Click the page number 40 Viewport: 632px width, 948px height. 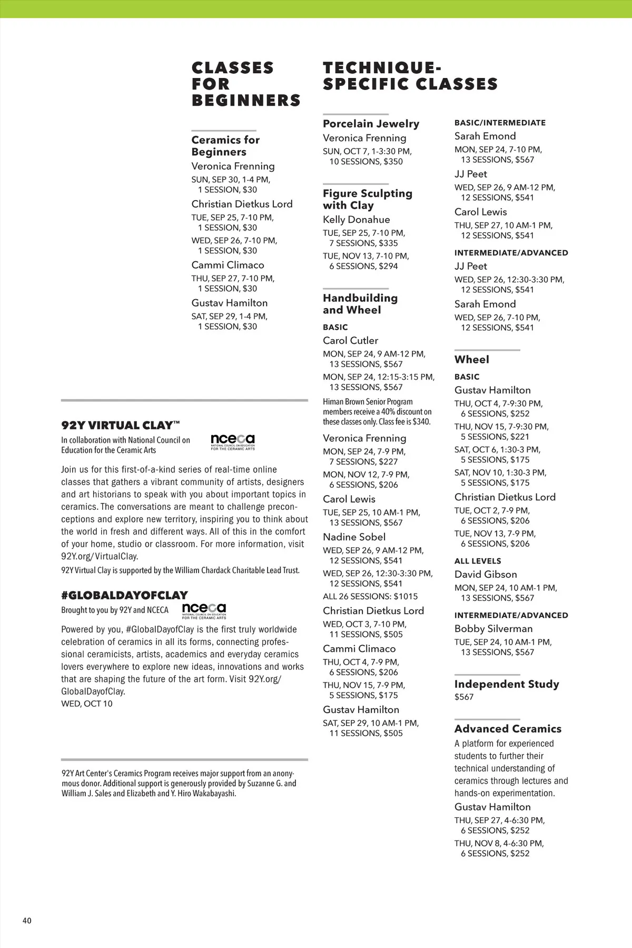27,921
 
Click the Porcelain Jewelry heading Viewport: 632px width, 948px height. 371,124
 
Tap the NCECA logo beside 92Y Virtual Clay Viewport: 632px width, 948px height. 232,442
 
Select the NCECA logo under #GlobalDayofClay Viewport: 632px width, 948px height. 204,611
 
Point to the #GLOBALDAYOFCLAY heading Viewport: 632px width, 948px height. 124,595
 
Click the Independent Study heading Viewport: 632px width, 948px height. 506,684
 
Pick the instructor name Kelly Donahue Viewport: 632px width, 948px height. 356,220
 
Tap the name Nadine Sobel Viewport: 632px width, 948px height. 354,537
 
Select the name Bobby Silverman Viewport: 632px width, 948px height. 493,629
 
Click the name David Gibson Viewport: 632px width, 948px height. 485,575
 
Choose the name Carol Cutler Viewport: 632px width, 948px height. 350,341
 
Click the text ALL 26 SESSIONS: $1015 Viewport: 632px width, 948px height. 370,597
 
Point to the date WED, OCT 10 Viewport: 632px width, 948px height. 86,704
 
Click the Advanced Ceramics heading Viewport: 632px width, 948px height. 508,729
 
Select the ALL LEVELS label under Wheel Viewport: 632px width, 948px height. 477,561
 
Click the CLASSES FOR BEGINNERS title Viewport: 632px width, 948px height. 245,84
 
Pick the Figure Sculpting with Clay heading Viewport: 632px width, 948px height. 367,200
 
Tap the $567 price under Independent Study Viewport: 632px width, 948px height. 463,697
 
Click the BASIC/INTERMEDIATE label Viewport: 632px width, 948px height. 500,123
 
